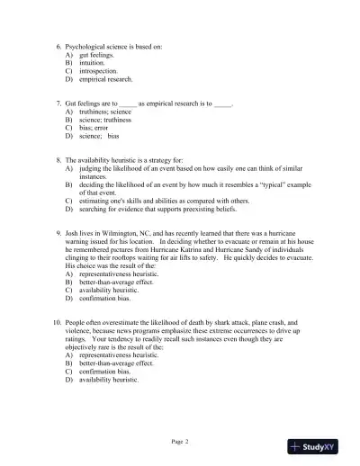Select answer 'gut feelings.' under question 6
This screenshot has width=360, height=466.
(96, 55)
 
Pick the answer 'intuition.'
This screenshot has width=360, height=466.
(93, 63)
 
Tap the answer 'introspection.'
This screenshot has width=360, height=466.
(99, 71)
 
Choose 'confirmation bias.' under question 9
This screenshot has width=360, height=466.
(103, 299)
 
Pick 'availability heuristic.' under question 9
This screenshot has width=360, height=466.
(109, 291)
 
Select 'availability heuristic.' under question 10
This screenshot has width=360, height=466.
(109, 380)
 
